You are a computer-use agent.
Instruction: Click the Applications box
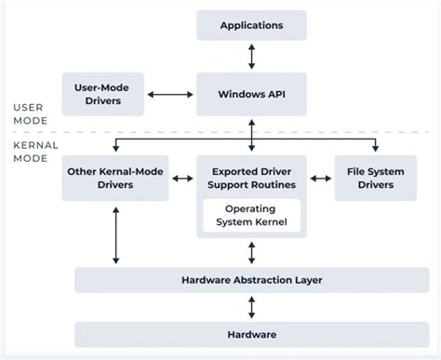[x=250, y=25]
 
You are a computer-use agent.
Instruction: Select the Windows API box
[x=250, y=95]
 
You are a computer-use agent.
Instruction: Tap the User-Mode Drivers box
[x=101, y=94]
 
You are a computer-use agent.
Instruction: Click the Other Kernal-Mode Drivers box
[x=114, y=178]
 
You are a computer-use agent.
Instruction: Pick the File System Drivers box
[x=375, y=178]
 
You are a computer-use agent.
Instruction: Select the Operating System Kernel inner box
[x=250, y=215]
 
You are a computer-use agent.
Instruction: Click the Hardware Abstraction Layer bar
[x=250, y=279]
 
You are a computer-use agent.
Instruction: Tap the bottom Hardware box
[x=250, y=332]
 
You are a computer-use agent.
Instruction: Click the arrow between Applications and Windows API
[x=250, y=57]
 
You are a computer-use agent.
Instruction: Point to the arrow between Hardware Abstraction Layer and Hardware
[x=250, y=306]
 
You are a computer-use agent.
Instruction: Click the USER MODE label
[x=27, y=113]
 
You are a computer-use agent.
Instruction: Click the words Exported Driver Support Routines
[x=250, y=178]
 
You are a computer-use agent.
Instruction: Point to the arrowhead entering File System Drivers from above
[x=375, y=150]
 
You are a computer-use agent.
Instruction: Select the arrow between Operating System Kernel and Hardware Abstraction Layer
[x=250, y=252]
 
